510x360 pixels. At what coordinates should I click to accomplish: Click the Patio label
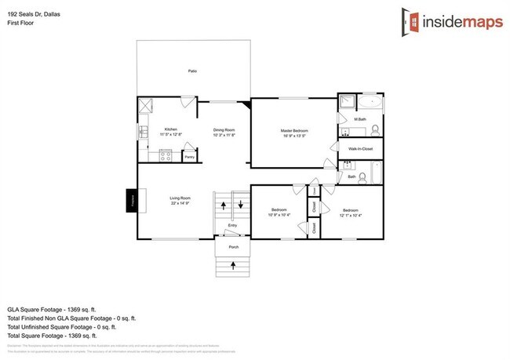pyautogui.click(x=192, y=71)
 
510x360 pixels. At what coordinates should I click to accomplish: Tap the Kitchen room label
pyautogui.click(x=171, y=129)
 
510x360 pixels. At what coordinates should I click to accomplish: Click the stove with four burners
pyautogui.click(x=166, y=155)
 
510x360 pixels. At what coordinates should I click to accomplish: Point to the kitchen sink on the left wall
pyautogui.click(x=142, y=133)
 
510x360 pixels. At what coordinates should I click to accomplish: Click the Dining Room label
pyautogui.click(x=224, y=129)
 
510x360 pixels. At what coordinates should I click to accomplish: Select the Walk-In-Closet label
pyautogui.click(x=361, y=148)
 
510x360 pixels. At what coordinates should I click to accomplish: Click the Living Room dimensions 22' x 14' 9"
pyautogui.click(x=180, y=203)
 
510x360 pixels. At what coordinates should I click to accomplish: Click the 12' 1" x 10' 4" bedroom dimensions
pyautogui.click(x=350, y=214)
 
